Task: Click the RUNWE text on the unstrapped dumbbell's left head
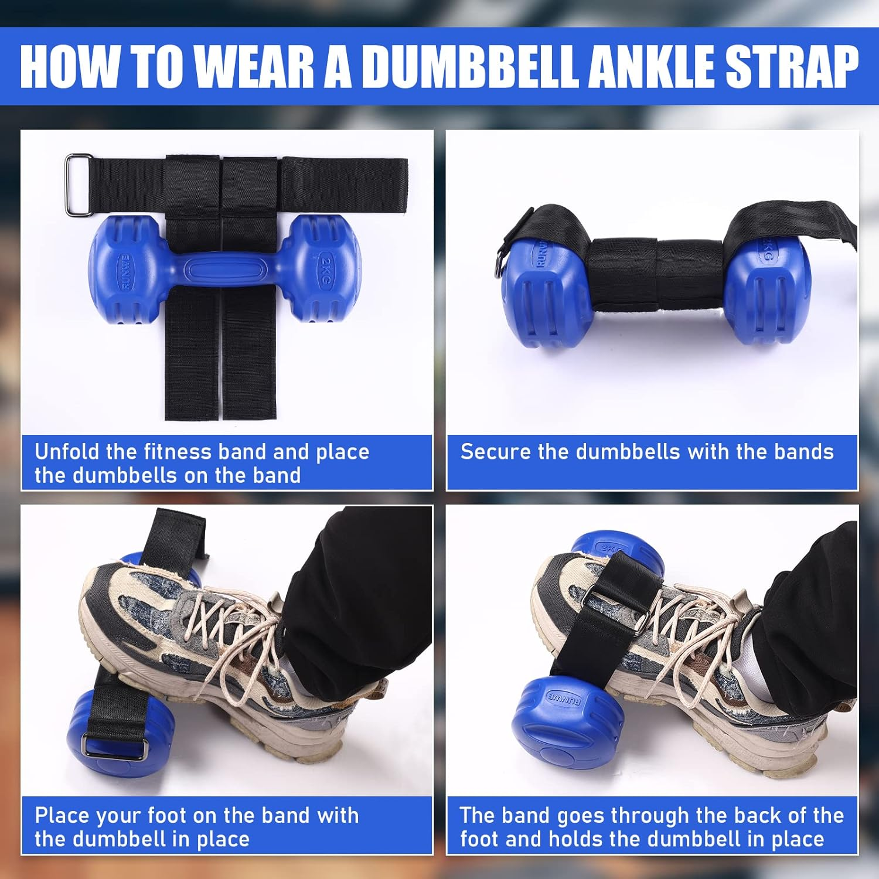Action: [125, 271]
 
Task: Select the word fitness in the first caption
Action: [176, 452]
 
